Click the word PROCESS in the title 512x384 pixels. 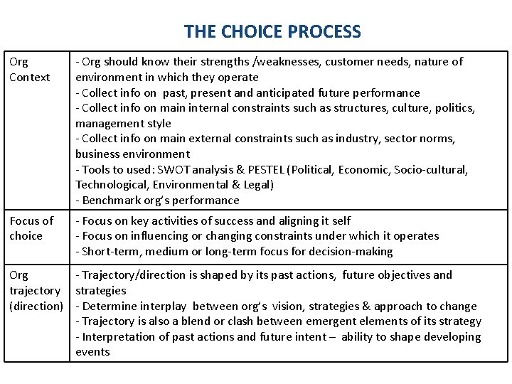point(325,32)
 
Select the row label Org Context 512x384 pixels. point(29,69)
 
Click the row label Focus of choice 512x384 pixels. point(31,228)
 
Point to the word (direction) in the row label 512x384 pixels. point(36,306)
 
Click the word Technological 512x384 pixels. point(111,185)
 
